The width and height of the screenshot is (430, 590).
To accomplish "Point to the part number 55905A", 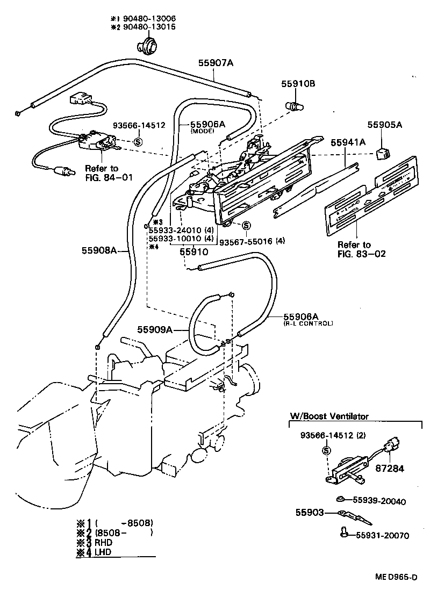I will [x=384, y=125].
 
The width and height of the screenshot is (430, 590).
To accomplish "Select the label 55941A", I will [x=348, y=142].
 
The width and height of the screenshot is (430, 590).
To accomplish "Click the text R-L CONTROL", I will [x=308, y=323].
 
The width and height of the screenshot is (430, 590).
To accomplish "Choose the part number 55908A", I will [x=99, y=250].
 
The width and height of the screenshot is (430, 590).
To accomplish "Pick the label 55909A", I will [x=155, y=329].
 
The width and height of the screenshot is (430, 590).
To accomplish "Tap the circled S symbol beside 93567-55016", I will [x=246, y=225].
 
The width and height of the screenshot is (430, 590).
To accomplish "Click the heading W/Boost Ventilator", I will [x=329, y=416].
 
